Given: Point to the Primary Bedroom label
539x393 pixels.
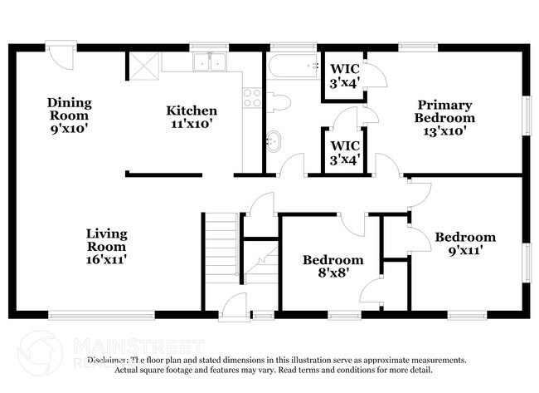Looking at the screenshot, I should coord(444,117).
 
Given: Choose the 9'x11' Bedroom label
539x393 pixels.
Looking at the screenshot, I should coord(465,243).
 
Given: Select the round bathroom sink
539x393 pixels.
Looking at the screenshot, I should coord(273,141).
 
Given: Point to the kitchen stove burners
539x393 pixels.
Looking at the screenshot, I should coord(251,98).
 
